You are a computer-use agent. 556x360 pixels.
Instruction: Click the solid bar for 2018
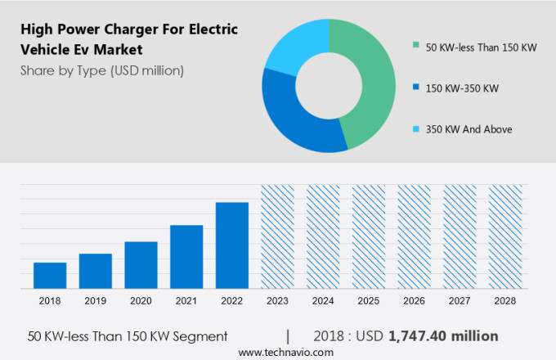[x=50, y=275]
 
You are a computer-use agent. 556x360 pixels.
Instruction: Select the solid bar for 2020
[x=141, y=264]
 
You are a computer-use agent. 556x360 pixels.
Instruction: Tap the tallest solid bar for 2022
[x=232, y=245]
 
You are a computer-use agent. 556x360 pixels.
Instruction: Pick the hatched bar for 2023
[x=277, y=236]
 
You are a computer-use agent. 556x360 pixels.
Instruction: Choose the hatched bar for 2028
[x=505, y=236]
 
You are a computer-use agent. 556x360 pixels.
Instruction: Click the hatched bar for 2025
[x=369, y=236]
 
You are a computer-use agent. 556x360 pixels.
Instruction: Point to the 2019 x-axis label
[x=95, y=301]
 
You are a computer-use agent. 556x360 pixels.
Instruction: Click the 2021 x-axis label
[x=186, y=301]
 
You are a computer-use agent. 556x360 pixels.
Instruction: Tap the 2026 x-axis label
[x=414, y=301]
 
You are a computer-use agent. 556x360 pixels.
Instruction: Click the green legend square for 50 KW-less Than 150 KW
[x=416, y=47]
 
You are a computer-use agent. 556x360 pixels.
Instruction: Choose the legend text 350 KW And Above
[x=469, y=129]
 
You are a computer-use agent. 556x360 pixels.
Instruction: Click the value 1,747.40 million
[x=443, y=336]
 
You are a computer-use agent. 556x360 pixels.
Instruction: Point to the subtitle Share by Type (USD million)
[x=102, y=70]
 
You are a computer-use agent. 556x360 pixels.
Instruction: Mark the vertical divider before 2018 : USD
[x=288, y=336]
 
